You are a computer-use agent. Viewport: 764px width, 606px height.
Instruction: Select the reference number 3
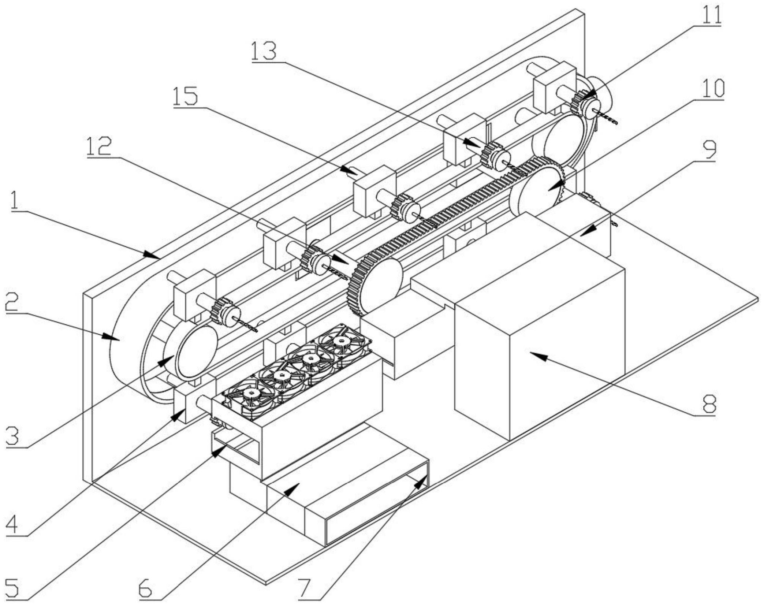click(x=14, y=436)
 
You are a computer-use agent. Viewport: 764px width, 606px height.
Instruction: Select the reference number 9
click(x=709, y=148)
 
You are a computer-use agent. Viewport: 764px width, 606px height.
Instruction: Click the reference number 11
click(x=709, y=15)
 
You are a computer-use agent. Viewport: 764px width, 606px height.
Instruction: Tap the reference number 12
click(x=99, y=146)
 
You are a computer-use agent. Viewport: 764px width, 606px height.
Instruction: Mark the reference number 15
click(x=186, y=95)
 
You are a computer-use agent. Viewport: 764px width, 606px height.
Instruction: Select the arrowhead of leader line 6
click(x=293, y=488)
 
